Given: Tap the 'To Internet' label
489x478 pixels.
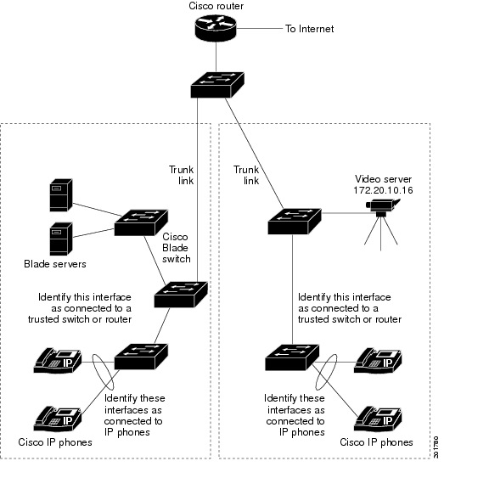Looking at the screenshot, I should coord(309,29).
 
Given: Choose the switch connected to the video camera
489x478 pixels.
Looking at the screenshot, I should coord(295,220).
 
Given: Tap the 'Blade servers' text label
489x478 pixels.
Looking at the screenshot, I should coord(55,263).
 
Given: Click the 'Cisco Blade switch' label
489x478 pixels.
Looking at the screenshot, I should coord(176,247).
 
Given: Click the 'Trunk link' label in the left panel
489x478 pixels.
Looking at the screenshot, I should coord(182,175).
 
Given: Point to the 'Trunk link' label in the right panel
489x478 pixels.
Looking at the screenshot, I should coord(245,175).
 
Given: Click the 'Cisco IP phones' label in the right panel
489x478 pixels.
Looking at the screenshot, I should coord(376,442).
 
